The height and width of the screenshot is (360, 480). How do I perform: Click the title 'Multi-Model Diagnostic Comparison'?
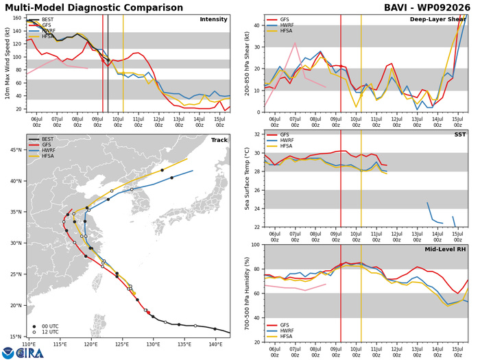[94, 8]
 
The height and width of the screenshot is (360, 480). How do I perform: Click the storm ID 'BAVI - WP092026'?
[427, 8]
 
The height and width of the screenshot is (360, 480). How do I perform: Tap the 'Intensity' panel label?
[213, 19]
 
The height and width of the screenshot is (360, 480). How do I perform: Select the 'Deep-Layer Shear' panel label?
[437, 20]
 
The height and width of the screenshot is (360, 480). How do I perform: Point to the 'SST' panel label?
[460, 134]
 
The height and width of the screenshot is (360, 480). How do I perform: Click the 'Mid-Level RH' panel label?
[445, 250]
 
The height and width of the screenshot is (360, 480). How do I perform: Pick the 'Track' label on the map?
[219, 140]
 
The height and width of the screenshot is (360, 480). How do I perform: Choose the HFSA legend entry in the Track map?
[41, 156]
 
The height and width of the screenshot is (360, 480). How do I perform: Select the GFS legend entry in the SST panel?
[278, 134]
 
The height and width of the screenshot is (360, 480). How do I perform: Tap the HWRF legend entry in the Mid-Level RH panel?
[280, 331]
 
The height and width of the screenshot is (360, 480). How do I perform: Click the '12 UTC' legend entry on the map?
[46, 332]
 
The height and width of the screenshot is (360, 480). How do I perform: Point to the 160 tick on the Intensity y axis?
[17, 18]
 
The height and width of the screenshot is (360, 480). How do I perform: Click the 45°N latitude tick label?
[16, 149]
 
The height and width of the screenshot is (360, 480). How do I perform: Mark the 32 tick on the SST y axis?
[257, 134]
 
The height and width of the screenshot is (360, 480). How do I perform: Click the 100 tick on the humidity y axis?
[256, 245]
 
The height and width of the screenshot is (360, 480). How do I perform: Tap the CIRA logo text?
[30, 353]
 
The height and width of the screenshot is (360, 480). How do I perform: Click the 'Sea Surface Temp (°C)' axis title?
[247, 179]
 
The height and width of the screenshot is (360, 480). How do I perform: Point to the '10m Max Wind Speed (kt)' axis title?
[7, 63]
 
